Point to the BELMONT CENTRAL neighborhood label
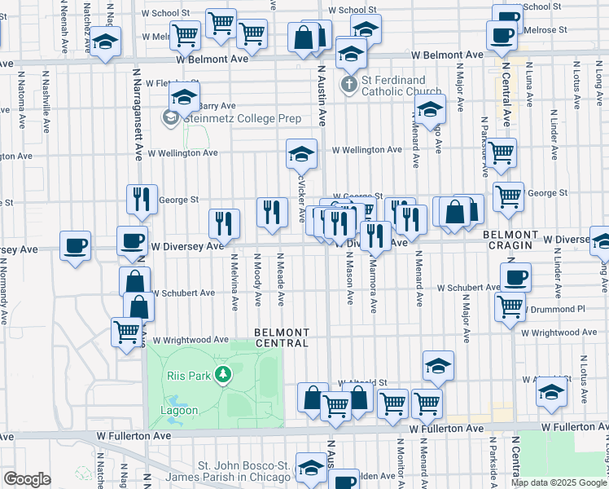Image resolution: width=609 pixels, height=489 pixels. coord(282,337)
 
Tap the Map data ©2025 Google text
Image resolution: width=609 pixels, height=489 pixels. coord(559,482)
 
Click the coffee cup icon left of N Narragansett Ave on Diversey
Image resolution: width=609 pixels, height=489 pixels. coord(75,244)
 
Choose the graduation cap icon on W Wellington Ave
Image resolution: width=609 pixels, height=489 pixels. coord(301,152)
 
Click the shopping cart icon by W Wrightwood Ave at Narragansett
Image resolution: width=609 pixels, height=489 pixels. coord(127,332)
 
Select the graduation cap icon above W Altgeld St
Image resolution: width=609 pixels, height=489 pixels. coord(438,365)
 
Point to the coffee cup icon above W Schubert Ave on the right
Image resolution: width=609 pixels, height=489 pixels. coord(515,276)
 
